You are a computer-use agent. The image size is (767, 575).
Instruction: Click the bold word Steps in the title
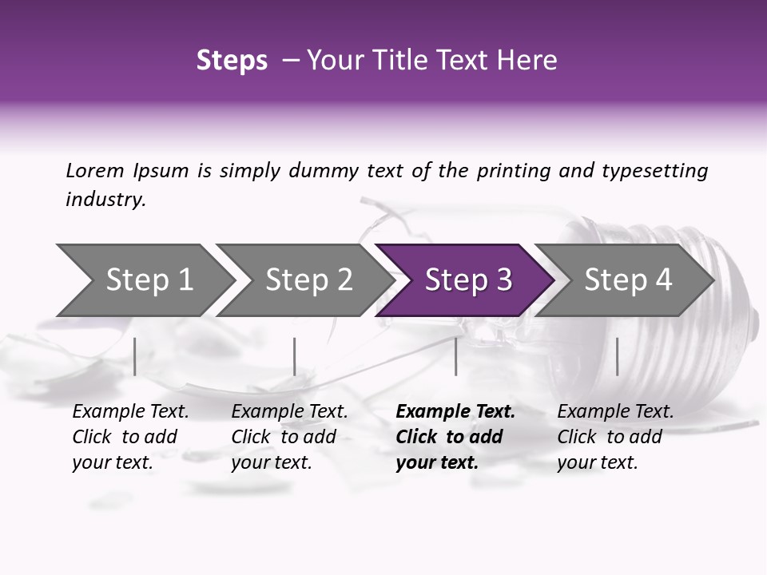[x=232, y=61]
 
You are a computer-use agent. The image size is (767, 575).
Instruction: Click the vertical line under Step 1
[x=135, y=356]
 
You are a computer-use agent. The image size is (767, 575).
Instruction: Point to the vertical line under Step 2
[x=295, y=356]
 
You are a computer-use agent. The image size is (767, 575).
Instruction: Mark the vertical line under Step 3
[x=455, y=356]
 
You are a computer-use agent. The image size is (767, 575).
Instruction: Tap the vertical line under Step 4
[x=617, y=356]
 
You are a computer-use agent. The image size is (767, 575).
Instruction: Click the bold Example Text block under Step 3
[x=455, y=437]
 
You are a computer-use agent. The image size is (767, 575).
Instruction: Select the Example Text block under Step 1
[x=130, y=437]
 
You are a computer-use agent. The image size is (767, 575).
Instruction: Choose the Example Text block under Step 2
[x=289, y=437]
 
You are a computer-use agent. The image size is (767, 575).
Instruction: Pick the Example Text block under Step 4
[x=615, y=437]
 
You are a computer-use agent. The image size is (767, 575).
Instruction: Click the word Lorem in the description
[x=95, y=170]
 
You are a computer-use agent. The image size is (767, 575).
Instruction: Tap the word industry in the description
[x=105, y=200]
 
